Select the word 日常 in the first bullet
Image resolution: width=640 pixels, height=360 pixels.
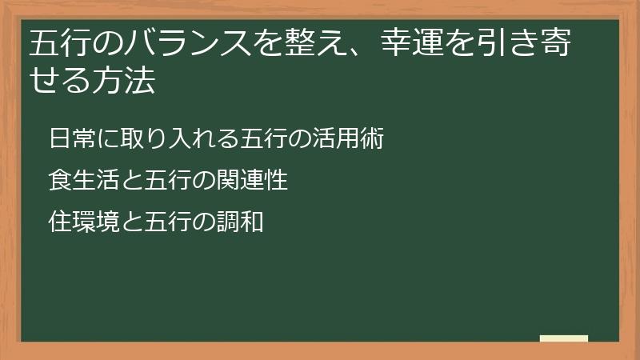point(69,139)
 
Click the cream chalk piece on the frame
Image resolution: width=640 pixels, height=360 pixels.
point(564,338)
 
